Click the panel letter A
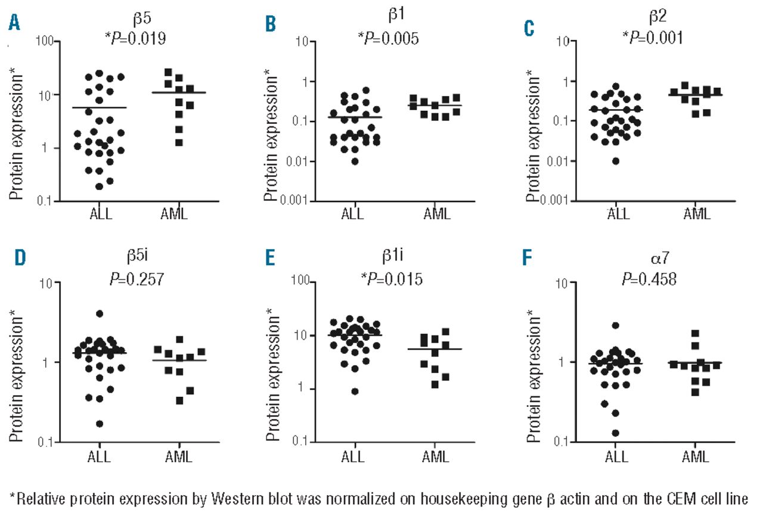coord(13,24)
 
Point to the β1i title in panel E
coord(389,258)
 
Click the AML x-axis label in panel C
coord(697,213)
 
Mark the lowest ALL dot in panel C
coord(615,161)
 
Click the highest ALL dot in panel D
coord(100,313)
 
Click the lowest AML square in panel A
coord(179,142)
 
